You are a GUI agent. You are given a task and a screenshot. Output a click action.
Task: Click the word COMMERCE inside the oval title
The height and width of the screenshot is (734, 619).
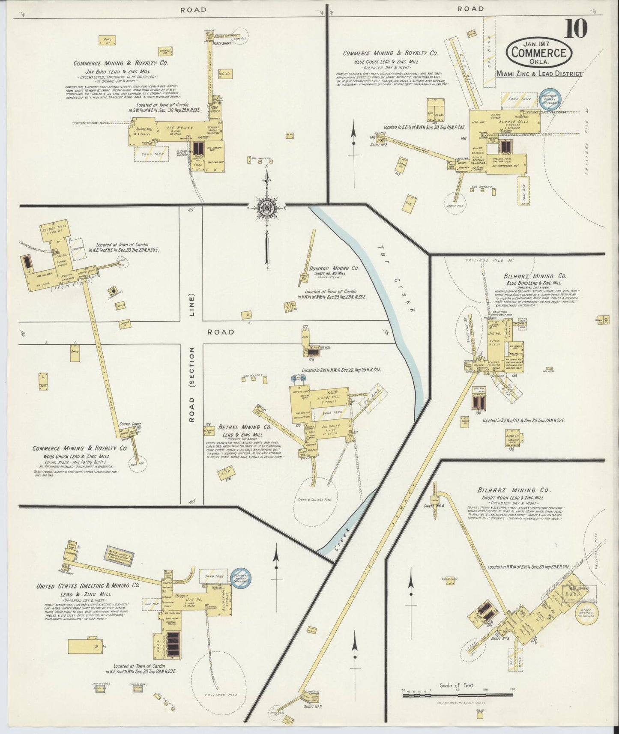click(539, 53)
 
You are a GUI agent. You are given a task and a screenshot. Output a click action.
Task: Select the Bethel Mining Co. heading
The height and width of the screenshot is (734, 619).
click(245, 427)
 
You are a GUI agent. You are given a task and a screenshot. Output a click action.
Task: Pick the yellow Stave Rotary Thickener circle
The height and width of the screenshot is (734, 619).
click(586, 612)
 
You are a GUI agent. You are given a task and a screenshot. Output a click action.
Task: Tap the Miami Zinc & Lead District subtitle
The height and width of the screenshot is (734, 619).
click(539, 74)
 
